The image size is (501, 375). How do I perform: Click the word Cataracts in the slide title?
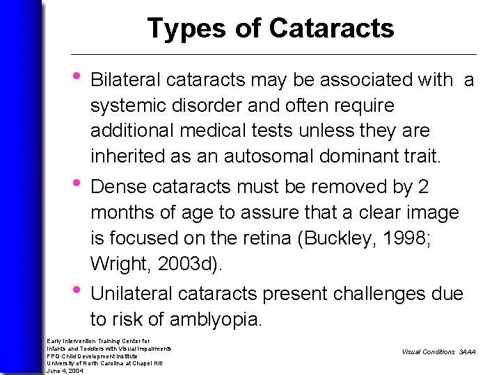pyautogui.click(x=331, y=28)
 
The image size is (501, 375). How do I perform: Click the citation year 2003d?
pyautogui.click(x=186, y=264)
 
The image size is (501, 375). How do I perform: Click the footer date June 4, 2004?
pyautogui.click(x=65, y=371)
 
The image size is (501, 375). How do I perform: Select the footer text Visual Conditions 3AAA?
pyautogui.click(x=438, y=352)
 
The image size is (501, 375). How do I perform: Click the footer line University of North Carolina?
pyautogui.click(x=104, y=363)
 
